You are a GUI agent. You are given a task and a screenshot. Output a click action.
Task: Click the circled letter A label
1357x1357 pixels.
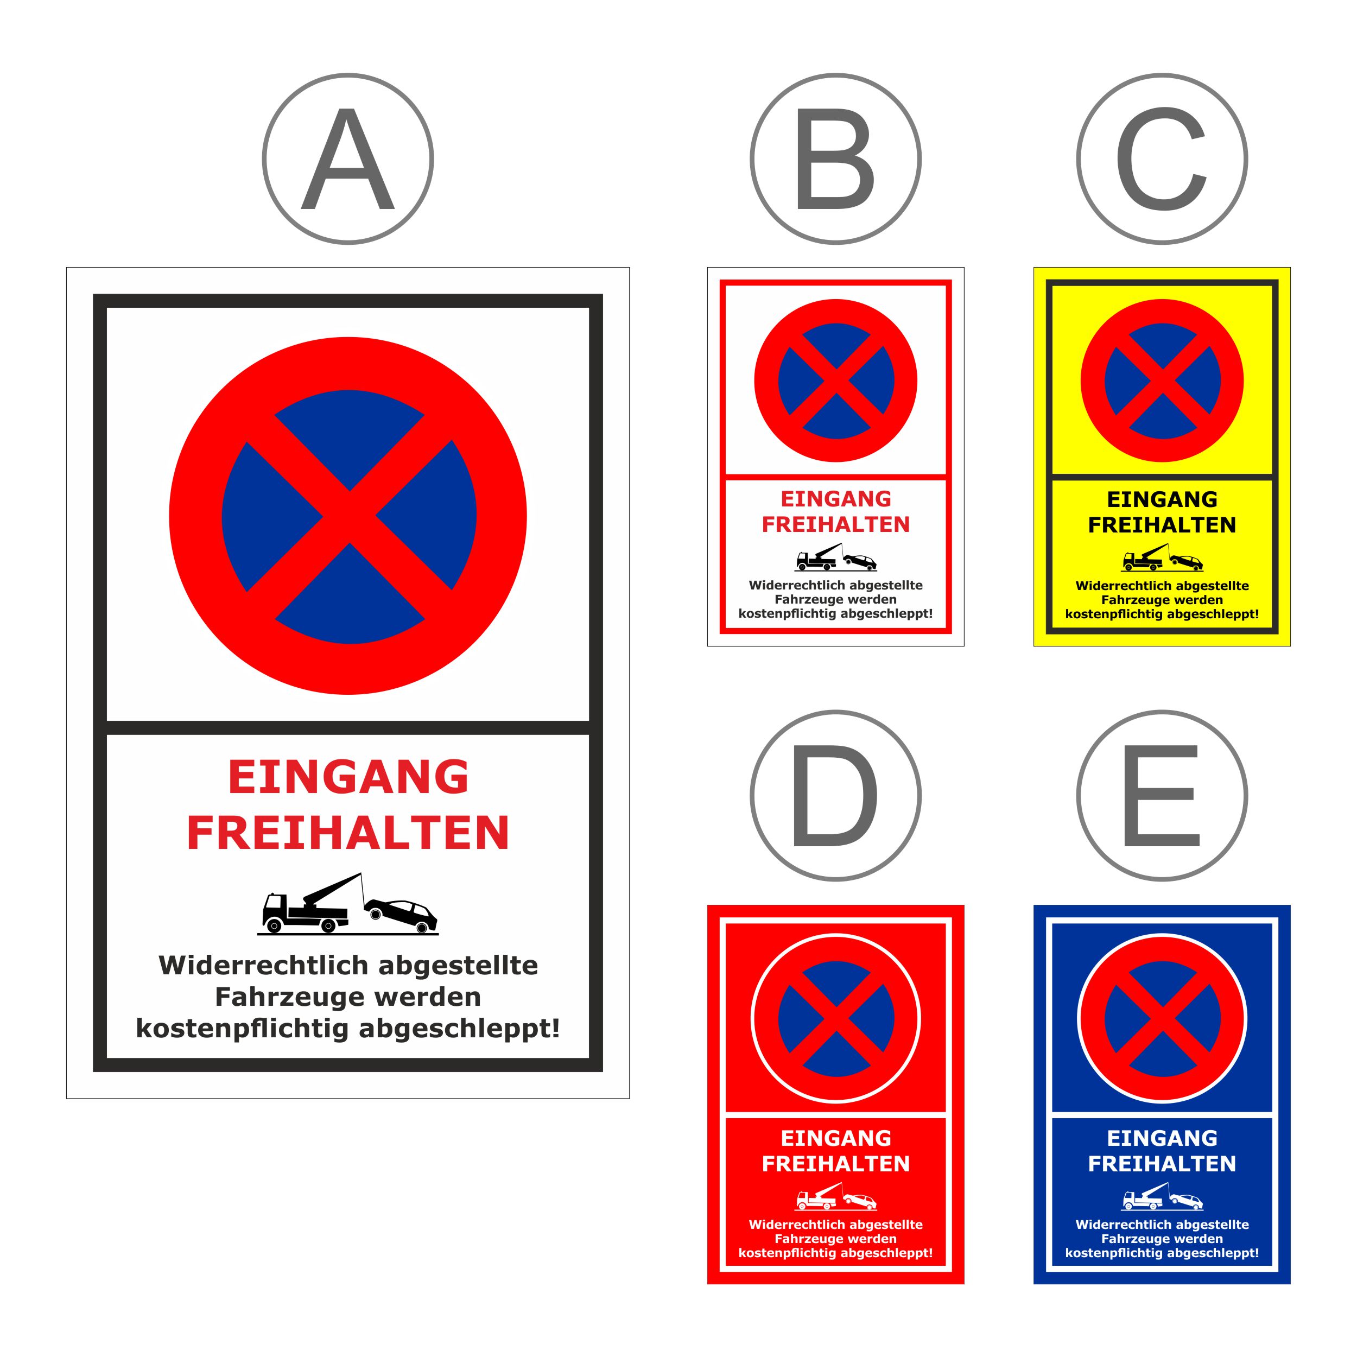click(x=348, y=158)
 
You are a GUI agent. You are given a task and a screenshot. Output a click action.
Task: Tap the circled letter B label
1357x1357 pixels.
click(x=835, y=158)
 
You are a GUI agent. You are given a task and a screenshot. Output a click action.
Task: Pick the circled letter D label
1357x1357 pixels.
click(x=835, y=795)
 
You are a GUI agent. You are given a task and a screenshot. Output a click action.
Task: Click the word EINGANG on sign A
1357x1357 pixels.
click(x=348, y=777)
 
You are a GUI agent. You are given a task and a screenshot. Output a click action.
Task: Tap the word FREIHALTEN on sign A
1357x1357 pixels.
click(x=348, y=833)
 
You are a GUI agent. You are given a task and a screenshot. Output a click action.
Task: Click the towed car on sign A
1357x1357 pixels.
click(x=401, y=916)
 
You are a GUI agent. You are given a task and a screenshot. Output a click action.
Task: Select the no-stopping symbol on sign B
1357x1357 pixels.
click(x=836, y=381)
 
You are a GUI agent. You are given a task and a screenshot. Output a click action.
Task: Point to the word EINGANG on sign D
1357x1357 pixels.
click(x=836, y=1138)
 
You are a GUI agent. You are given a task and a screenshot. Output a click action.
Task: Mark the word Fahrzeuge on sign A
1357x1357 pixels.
click(x=277, y=997)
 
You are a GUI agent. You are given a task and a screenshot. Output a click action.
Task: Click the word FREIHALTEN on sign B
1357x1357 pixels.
click(x=836, y=525)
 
